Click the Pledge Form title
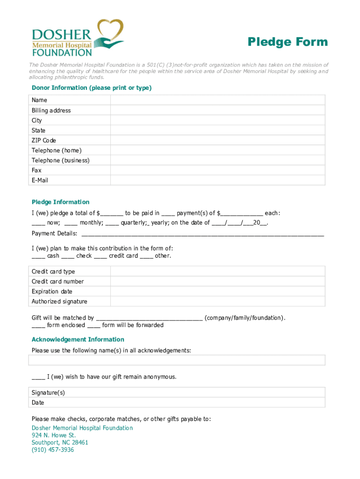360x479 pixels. (288, 42)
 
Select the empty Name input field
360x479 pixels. (217, 100)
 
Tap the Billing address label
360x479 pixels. (51, 110)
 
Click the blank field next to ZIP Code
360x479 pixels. (217, 140)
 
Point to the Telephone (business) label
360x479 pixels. (60, 160)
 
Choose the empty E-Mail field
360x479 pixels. (217, 181)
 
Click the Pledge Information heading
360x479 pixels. (60, 202)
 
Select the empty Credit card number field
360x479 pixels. (217, 282)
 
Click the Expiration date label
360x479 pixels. (52, 291)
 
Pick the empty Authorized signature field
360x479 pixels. (217, 302)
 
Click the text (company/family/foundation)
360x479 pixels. (245, 318)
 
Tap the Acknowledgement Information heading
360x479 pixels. (78, 340)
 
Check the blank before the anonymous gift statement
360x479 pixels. (38, 377)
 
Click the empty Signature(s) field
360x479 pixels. (217, 392)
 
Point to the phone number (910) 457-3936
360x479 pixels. (52, 450)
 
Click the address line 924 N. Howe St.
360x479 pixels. (53, 435)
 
